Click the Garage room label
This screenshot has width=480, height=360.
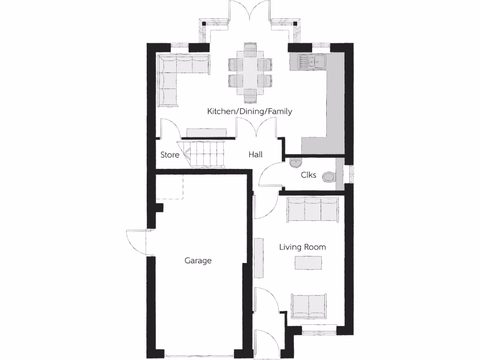(198, 260)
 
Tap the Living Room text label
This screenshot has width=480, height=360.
(302, 247)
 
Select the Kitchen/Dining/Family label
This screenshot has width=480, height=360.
(250, 112)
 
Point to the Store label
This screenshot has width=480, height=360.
(170, 155)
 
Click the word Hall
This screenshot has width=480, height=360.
(255, 155)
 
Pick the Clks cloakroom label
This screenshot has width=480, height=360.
(308, 175)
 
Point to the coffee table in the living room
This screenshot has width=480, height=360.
(308, 263)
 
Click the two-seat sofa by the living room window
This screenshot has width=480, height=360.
(309, 305)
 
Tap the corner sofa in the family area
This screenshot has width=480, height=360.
(178, 75)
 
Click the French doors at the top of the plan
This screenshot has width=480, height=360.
(250, 12)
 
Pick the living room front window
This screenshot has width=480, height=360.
(319, 332)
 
